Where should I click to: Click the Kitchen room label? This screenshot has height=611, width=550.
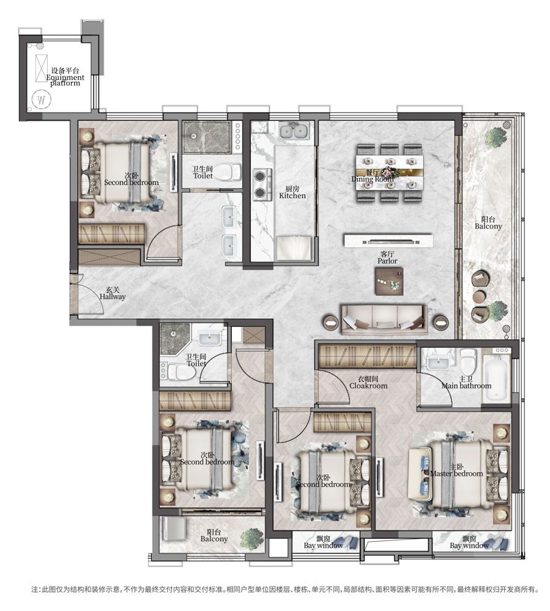tap(292, 192)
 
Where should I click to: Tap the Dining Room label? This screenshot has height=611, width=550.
tap(373, 176)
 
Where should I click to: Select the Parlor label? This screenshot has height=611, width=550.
tap(387, 258)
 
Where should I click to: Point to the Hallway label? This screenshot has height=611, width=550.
tap(113, 293)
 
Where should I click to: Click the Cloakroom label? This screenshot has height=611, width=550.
tap(368, 382)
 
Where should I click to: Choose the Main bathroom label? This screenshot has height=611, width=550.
tap(466, 382)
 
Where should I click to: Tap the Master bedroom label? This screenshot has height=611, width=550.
tap(456, 470)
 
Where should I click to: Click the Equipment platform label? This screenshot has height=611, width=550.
tap(65, 77)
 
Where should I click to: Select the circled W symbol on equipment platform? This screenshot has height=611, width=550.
tap(42, 100)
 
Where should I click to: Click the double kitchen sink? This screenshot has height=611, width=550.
tap(294, 131)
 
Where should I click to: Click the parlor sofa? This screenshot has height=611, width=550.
tap(384, 320)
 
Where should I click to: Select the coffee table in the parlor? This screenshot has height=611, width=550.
tap(389, 281)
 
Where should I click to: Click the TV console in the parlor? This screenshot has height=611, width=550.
tap(388, 240)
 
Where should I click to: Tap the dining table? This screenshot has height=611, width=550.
tap(389, 173)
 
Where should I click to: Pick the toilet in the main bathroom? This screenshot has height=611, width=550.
tap(468, 360)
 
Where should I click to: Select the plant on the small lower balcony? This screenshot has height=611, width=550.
tap(251, 540)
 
